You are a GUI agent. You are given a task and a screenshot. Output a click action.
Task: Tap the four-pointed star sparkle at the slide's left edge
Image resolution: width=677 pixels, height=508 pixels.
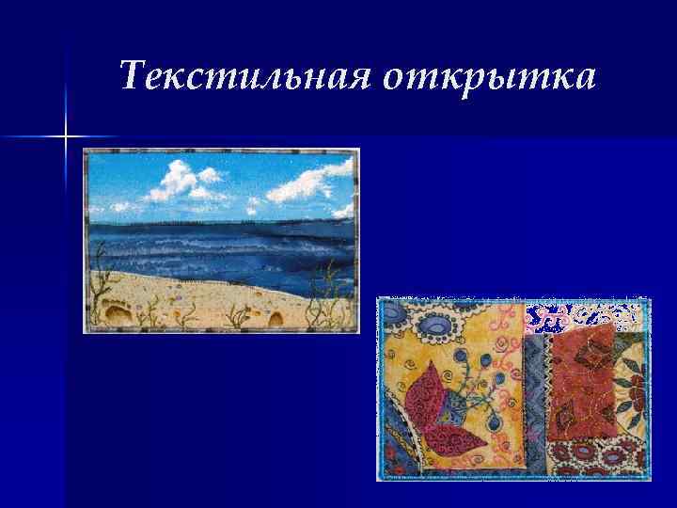pos(67,137)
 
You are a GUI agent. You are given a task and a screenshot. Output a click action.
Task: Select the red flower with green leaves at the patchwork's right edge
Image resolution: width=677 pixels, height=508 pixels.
pos(636,386)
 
